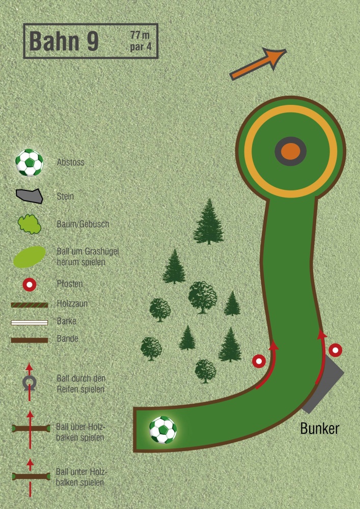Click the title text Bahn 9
(x=64, y=41)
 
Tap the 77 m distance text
(x=140, y=35)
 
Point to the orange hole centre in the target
(x=290, y=152)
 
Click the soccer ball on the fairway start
(x=163, y=430)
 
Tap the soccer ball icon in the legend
(x=30, y=163)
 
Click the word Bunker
(x=319, y=429)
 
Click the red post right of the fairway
(x=336, y=350)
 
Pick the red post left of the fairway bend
(x=259, y=361)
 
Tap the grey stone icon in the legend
(x=30, y=196)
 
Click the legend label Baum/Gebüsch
(x=83, y=224)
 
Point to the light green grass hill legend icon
(x=29, y=257)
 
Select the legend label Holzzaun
(x=72, y=303)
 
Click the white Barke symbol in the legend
(x=30, y=322)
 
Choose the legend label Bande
(x=68, y=338)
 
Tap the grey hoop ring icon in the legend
(x=30, y=382)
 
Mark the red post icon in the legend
(x=30, y=285)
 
